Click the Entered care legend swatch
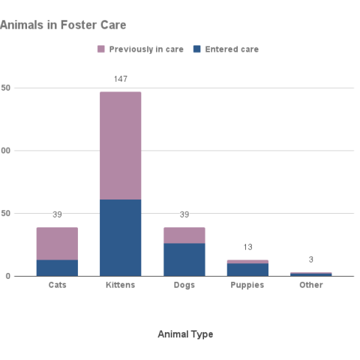197,49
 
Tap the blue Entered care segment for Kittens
120,237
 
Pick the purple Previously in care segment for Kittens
120,145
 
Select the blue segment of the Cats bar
57,268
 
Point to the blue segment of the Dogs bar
184,259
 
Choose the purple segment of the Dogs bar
184,235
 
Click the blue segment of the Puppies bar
247,269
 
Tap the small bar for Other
311,274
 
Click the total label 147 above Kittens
120,79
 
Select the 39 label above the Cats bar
57,214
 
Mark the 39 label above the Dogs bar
184,214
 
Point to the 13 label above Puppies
247,247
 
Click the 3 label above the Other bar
311,259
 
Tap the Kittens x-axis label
120,286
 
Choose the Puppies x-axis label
247,286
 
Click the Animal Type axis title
184,334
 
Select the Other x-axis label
311,286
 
